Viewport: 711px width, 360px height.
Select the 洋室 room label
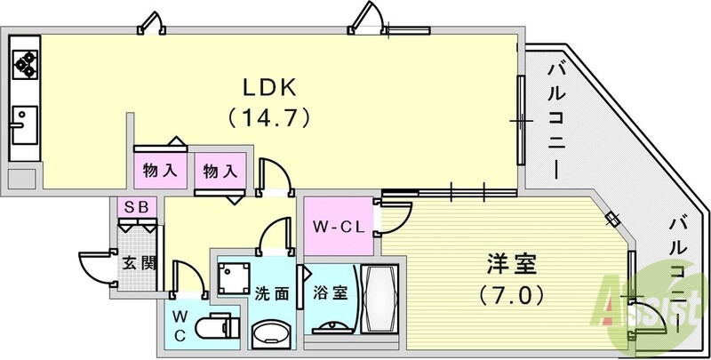(509, 264)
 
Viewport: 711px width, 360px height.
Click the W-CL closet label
(335, 226)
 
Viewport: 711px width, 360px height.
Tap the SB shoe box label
(138, 206)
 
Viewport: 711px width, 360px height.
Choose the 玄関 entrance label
(138, 263)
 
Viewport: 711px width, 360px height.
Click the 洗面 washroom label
(271, 293)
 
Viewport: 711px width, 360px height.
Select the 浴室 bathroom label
(328, 292)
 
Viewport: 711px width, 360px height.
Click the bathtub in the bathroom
(379, 300)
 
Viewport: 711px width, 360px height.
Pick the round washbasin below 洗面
(270, 333)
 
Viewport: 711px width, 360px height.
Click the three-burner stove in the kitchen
(23, 61)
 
